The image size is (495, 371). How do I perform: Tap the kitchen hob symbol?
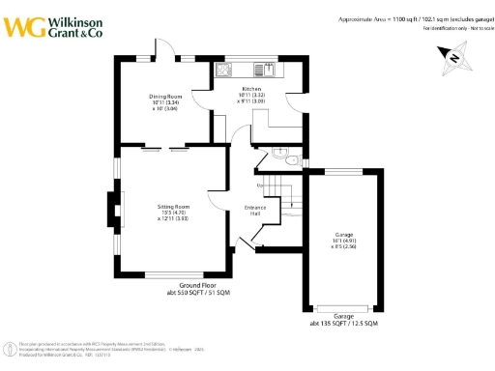[x=223, y=70]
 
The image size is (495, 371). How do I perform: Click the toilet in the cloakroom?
[x=277, y=152]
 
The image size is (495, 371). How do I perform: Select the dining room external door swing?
[x=166, y=50]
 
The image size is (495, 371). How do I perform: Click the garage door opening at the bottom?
[x=344, y=308]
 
